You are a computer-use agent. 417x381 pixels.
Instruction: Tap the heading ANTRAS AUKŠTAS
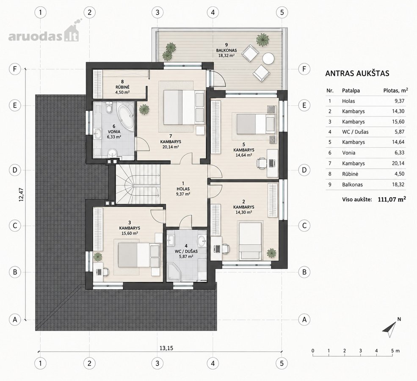pyautogui.click(x=357, y=73)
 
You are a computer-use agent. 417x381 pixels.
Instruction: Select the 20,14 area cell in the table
pyautogui.click(x=398, y=163)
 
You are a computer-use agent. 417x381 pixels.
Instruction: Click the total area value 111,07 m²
pyautogui.click(x=392, y=199)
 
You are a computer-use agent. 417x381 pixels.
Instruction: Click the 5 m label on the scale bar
pyautogui.click(x=395, y=351)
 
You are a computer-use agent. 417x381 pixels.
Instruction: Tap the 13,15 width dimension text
pyautogui.click(x=166, y=348)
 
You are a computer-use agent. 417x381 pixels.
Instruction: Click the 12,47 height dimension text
pyautogui.click(x=21, y=195)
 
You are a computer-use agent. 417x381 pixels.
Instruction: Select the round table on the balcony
pyautogui.click(x=268, y=58)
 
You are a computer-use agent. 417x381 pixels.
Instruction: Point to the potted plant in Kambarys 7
pyautogui.click(x=144, y=109)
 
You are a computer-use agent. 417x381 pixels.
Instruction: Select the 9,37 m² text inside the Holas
pyautogui.click(x=183, y=194)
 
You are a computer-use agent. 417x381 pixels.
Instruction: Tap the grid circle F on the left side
pyautogui.click(x=15, y=69)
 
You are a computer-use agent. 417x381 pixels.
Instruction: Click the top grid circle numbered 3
pyautogui.click(x=157, y=12)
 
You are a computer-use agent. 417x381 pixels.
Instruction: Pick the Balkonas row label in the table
pyautogui.click(x=352, y=185)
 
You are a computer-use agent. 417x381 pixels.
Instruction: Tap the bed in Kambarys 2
pyautogui.click(x=250, y=240)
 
